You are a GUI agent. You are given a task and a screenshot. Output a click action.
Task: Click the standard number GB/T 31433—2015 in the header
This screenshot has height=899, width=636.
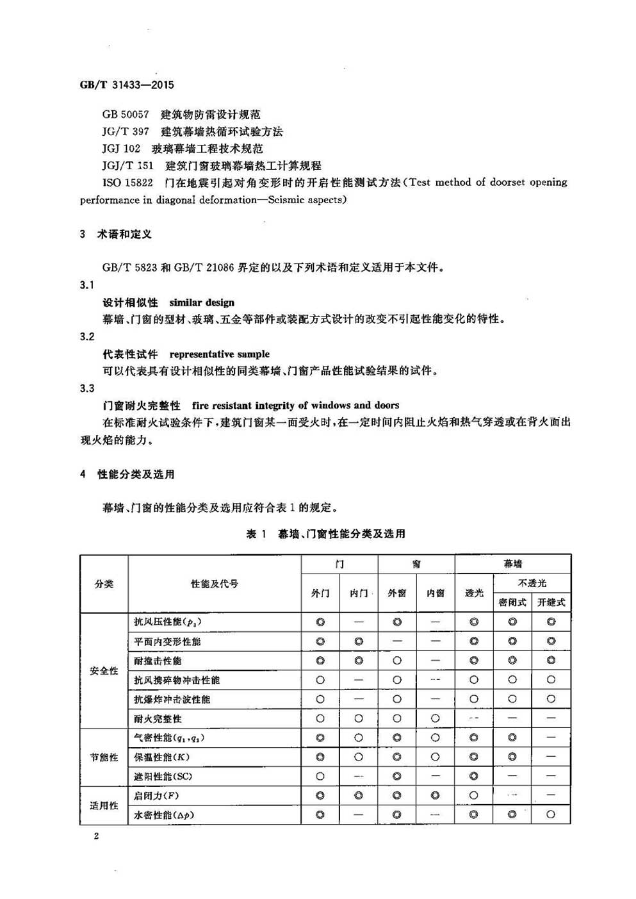click(127, 85)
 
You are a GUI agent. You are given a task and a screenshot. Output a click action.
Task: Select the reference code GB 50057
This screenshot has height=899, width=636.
click(126, 115)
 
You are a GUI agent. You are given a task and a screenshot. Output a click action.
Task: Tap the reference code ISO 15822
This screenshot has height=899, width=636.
click(127, 183)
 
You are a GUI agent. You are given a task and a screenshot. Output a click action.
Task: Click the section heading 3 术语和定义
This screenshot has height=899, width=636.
click(116, 235)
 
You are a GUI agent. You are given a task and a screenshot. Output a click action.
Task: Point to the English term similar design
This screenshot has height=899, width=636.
click(202, 302)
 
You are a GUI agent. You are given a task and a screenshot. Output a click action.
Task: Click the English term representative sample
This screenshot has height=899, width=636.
click(219, 354)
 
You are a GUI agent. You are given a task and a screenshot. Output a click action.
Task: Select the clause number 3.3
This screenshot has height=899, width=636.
click(87, 388)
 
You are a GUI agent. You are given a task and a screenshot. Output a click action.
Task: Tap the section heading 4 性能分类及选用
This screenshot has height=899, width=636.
click(127, 474)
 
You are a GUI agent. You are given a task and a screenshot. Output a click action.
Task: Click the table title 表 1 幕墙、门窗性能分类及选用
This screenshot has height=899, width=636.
click(325, 534)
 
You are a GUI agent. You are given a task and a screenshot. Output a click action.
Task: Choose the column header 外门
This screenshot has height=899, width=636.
click(320, 593)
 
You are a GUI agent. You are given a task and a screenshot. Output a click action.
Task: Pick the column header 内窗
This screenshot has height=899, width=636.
click(436, 593)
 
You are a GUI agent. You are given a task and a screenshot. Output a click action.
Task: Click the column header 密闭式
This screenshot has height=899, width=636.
click(512, 602)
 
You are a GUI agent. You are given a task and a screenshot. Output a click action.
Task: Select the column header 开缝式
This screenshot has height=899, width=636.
click(551, 602)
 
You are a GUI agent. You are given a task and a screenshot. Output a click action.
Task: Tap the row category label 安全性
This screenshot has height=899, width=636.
click(104, 670)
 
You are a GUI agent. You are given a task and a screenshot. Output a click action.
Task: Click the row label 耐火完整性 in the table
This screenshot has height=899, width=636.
click(158, 719)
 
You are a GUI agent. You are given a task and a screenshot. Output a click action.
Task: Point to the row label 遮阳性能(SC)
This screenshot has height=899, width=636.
click(163, 777)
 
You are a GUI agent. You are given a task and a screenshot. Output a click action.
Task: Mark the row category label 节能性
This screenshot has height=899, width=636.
click(104, 757)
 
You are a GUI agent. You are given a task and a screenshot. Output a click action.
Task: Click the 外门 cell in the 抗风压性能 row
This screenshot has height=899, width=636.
click(320, 622)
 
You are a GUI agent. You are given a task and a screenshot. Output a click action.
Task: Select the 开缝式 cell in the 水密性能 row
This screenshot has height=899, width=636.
click(551, 815)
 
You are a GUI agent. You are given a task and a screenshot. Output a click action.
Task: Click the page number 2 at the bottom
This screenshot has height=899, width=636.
click(96, 836)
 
